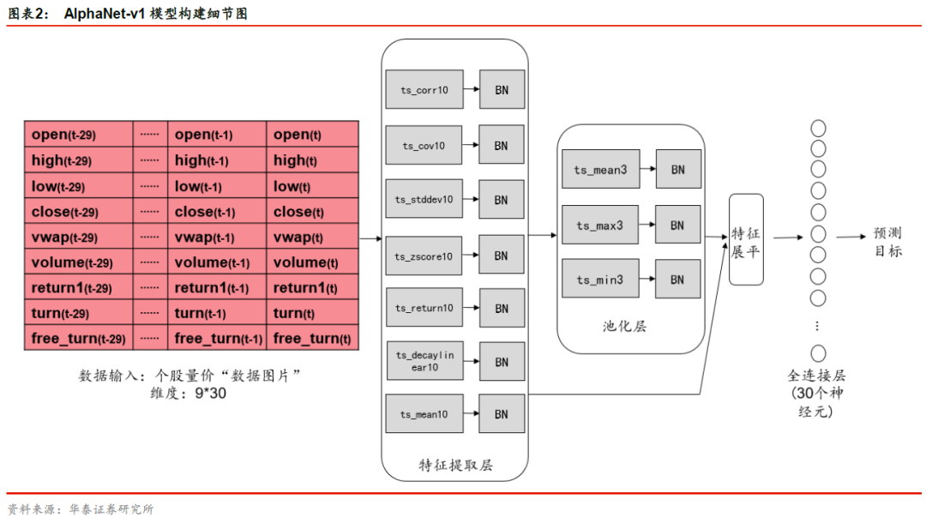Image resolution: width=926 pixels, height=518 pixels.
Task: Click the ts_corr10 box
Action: [424, 89]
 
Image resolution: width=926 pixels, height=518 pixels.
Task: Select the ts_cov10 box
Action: [424, 146]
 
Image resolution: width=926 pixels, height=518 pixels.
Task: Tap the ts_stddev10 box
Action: [424, 199]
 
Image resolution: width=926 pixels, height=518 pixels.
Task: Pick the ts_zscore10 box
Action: [424, 256]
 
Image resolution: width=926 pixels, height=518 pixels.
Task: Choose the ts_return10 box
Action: [424, 308]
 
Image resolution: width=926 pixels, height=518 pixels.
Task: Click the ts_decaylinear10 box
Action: [424, 360]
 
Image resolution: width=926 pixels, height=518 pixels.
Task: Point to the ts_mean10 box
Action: [424, 414]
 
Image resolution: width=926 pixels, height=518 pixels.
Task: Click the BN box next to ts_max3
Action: [677, 225]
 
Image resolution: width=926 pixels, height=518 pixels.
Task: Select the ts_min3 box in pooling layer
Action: [599, 279]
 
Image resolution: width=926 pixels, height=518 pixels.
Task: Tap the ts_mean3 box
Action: [600, 170]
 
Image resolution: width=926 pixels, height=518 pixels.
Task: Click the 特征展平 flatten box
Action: [746, 240]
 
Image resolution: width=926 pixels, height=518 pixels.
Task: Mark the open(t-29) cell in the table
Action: [78, 135]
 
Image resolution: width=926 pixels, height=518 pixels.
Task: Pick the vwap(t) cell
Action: [312, 238]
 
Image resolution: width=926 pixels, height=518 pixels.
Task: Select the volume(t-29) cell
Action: [78, 262]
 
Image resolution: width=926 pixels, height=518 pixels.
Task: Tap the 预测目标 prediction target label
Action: [888, 242]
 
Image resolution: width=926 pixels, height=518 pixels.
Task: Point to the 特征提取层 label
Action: [455, 466]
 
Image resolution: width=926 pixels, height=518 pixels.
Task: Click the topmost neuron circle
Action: [818, 128]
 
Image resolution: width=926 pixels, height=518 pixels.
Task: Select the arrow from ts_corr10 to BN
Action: [471, 89]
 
